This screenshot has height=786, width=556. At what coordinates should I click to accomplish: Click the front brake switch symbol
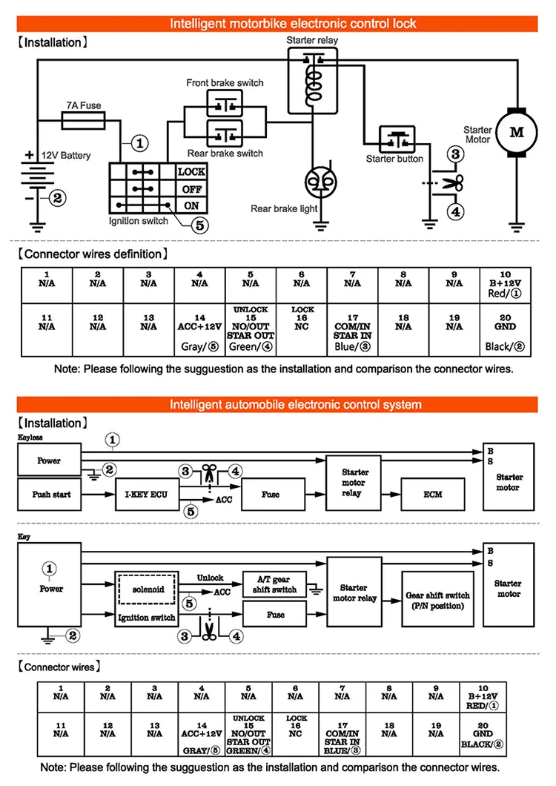224,105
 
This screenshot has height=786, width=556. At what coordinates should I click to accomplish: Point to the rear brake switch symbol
224,135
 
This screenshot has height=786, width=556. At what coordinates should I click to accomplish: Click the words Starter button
394,159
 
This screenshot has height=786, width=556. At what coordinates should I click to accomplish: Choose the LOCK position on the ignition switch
191,171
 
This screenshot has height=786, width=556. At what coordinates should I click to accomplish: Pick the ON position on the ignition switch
191,206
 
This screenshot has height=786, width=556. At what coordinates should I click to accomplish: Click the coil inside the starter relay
314,83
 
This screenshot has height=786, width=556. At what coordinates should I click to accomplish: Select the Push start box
51,494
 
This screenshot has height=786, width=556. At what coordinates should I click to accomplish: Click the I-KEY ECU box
146,495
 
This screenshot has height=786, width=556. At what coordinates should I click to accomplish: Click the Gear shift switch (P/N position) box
437,600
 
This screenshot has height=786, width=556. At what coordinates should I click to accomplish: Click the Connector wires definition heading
90,254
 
